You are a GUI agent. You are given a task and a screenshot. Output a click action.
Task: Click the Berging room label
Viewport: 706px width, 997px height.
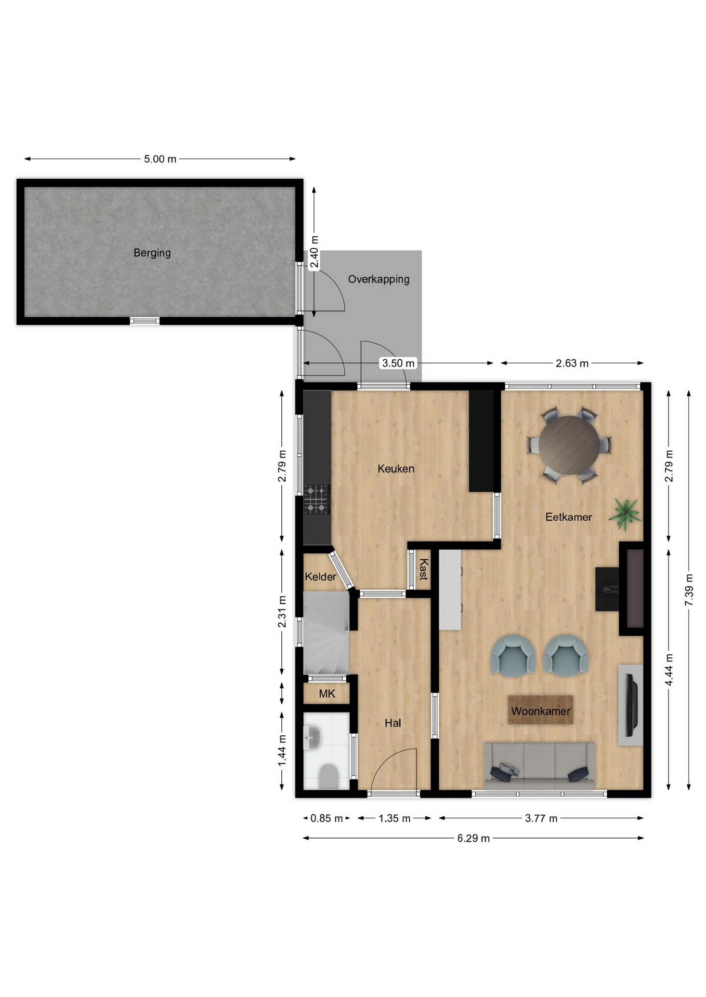point(152,253)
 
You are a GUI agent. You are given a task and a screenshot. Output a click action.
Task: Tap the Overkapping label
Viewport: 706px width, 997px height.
point(378,279)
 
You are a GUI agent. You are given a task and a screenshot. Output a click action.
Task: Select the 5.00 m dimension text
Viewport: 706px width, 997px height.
point(160,159)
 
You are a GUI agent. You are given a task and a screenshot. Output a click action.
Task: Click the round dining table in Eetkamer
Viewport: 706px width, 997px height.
point(569,445)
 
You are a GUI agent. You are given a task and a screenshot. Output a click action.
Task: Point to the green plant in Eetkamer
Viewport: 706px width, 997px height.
point(625,513)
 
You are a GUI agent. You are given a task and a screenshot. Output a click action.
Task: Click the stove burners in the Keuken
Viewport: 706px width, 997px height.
point(317,499)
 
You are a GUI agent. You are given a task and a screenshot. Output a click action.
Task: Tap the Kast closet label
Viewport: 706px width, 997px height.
point(424,569)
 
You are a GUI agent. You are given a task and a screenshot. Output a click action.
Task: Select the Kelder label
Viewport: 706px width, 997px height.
point(320,576)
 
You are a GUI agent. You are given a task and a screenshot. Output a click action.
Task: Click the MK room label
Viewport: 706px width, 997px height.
point(327,694)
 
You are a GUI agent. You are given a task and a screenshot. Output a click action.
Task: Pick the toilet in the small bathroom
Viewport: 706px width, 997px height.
point(328,776)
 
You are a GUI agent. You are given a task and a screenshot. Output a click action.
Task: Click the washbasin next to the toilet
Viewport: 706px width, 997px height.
point(312,737)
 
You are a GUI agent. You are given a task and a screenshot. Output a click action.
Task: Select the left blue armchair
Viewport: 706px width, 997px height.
point(513,656)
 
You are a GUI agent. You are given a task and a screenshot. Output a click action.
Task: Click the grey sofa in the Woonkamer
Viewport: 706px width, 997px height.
point(540,766)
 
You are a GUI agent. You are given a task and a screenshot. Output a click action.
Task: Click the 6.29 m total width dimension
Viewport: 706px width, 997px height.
point(474,838)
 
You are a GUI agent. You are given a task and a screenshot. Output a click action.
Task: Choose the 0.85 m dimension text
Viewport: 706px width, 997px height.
point(326,818)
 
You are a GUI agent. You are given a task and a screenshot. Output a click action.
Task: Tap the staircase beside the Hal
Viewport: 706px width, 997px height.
point(326,632)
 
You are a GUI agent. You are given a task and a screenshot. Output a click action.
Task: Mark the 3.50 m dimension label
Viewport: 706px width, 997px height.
point(398,363)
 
